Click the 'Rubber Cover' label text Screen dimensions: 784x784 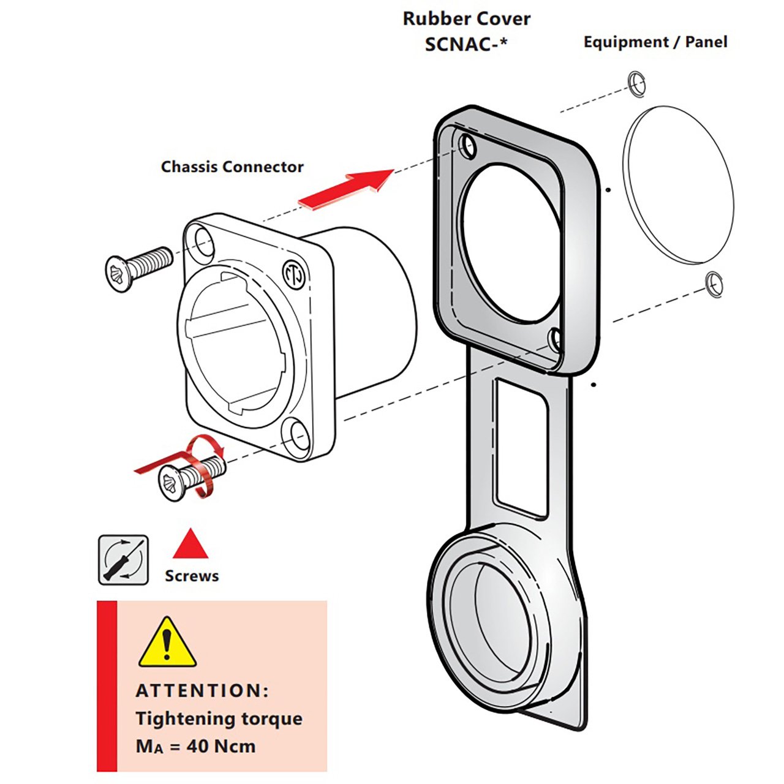[466, 19]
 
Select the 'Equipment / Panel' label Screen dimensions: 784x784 [655, 42]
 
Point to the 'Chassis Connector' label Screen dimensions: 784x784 [232, 167]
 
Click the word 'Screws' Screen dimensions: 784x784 [192, 576]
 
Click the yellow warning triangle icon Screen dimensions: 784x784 [167, 643]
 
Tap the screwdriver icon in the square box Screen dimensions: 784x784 [124, 559]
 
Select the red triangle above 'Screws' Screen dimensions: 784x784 [191, 545]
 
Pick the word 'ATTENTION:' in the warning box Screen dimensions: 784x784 [202, 691]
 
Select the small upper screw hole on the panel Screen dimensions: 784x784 [636, 84]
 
